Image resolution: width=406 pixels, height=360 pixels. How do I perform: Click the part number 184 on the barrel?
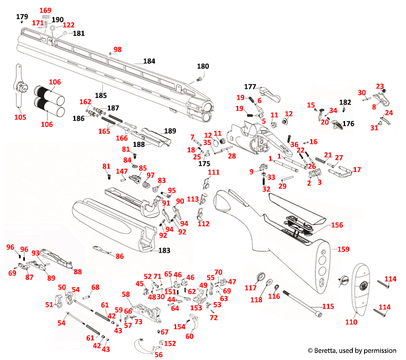(x=149, y=61)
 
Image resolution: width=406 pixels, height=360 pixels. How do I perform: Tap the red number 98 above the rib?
(x=117, y=50)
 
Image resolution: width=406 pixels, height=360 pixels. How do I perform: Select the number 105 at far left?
(x=20, y=117)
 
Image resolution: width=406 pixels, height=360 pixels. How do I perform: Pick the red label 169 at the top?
(x=45, y=11)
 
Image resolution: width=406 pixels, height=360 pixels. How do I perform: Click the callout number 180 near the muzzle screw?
(x=203, y=66)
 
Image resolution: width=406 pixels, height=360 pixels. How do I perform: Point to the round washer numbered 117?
(x=262, y=277)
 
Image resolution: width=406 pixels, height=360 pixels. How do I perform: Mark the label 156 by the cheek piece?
(x=337, y=225)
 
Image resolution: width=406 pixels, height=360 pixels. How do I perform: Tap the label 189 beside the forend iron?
(x=170, y=131)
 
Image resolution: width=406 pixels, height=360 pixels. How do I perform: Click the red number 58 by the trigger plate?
(x=125, y=294)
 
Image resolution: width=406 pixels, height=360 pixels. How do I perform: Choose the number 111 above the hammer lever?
(x=213, y=172)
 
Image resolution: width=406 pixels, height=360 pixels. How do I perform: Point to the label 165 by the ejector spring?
(x=104, y=131)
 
